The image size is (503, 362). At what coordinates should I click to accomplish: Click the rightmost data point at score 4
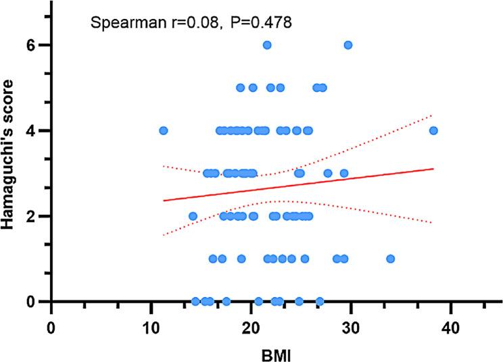pyautogui.click(x=433, y=130)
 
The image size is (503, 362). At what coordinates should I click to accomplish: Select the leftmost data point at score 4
pyautogui.click(x=163, y=130)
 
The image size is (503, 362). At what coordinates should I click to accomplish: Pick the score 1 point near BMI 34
pyautogui.click(x=390, y=259)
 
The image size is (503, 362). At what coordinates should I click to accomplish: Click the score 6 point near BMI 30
pyautogui.click(x=348, y=45)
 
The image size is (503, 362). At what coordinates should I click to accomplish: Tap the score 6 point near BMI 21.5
pyautogui.click(x=267, y=45)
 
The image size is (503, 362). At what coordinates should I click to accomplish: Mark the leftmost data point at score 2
pyautogui.click(x=193, y=216)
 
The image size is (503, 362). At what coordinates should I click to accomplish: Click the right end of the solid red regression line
pyautogui.click(x=433, y=169)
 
